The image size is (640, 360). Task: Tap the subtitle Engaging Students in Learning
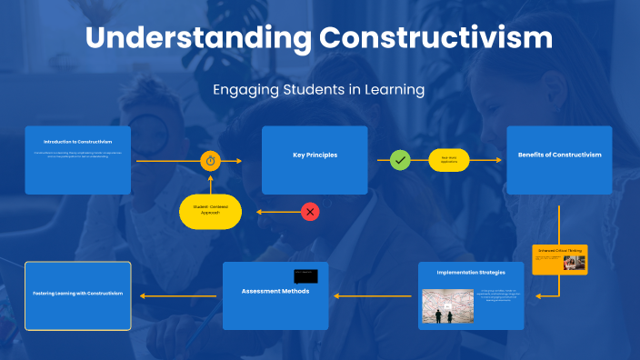pos(319,89)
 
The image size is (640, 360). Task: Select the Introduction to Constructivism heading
pos(77,142)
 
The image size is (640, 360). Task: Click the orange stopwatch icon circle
pos(211,161)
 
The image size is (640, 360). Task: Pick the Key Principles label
pos(315,155)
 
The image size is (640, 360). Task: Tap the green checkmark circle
pos(400,160)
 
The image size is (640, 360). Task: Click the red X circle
pos(310,212)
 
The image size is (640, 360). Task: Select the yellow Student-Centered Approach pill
pos(210,211)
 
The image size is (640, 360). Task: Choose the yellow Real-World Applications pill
pos(448,160)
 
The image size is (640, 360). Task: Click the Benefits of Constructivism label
pos(559,155)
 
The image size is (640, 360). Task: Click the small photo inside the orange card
pos(574,263)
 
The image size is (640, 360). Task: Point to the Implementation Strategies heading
pos(471,272)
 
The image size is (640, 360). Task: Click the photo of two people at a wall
pos(448,306)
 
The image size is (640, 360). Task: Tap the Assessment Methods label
pos(275,291)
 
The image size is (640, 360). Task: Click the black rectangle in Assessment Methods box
pos(305,275)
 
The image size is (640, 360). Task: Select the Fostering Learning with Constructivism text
pos(77,294)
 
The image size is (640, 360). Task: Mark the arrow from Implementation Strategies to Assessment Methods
pos(374,295)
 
